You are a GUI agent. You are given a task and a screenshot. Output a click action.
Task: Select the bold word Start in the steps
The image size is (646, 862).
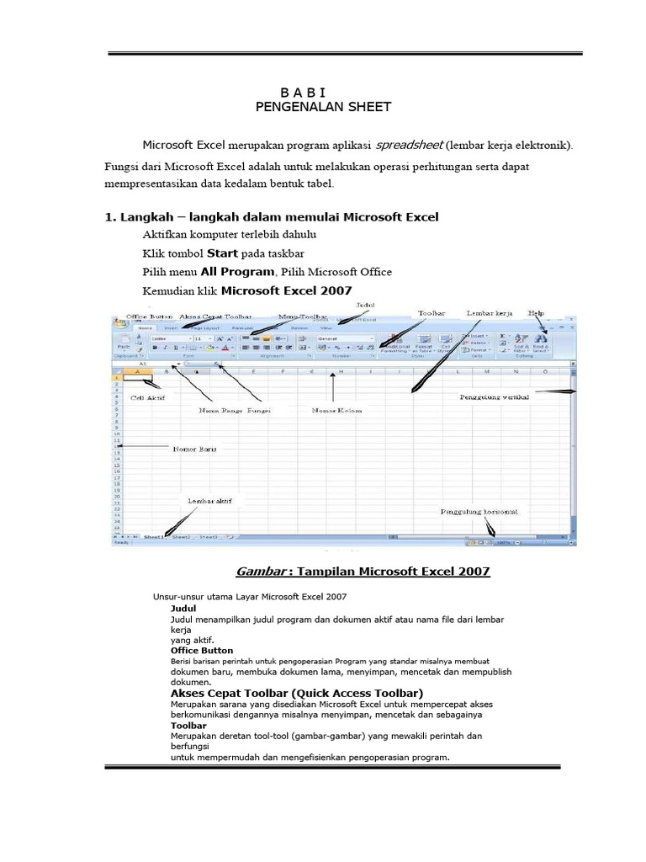click(223, 253)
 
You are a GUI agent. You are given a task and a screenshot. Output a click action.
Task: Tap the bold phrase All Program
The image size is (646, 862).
click(237, 272)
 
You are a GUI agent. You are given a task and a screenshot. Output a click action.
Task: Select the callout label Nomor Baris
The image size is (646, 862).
click(194, 449)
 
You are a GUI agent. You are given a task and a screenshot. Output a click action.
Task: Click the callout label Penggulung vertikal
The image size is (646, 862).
click(493, 397)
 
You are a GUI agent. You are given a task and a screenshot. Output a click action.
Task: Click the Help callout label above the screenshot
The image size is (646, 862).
click(537, 312)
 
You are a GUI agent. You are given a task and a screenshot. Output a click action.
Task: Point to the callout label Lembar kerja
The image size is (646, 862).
click(490, 312)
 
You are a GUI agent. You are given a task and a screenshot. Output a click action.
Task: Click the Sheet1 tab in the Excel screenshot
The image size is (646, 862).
click(153, 536)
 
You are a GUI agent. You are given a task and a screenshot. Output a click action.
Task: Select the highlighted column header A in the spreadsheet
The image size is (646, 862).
click(137, 370)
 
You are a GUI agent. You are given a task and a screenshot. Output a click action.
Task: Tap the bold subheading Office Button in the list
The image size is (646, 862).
click(201, 651)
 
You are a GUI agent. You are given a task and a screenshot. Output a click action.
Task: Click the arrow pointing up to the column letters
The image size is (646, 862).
click(334, 389)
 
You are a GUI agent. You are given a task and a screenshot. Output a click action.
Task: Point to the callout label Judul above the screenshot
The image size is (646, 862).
click(365, 303)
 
